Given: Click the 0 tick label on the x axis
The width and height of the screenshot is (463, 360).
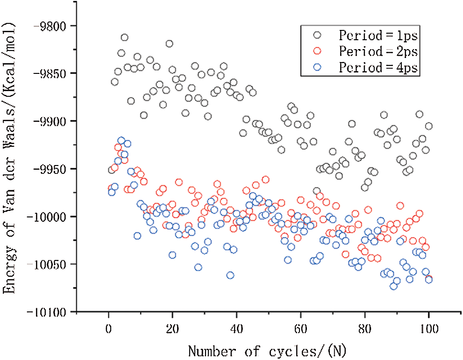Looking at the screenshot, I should tap(108, 328).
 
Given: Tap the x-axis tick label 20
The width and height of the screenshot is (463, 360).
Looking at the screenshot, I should tap(172, 328).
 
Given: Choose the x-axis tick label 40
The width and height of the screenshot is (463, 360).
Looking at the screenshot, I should tap(236, 328).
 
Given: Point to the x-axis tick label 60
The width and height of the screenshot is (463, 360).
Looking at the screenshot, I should tap(300, 328).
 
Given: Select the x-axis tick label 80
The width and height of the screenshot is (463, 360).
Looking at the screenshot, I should tap(364, 328).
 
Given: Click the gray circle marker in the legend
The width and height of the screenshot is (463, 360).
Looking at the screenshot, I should tap(318, 35).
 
